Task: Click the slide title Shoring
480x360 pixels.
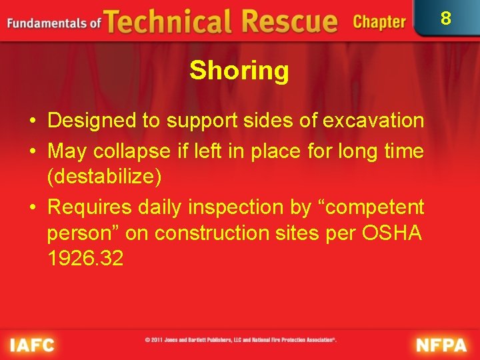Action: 239,71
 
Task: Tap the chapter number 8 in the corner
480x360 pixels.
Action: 446,18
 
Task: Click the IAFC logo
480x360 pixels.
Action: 32,345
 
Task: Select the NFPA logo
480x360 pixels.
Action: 443,345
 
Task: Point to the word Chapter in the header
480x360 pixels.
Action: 379,22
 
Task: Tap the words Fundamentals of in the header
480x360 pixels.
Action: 53,23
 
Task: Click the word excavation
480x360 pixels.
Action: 373,121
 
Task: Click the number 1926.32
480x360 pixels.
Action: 85,258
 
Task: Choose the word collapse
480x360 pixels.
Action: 125,151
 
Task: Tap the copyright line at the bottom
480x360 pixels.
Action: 241,339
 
